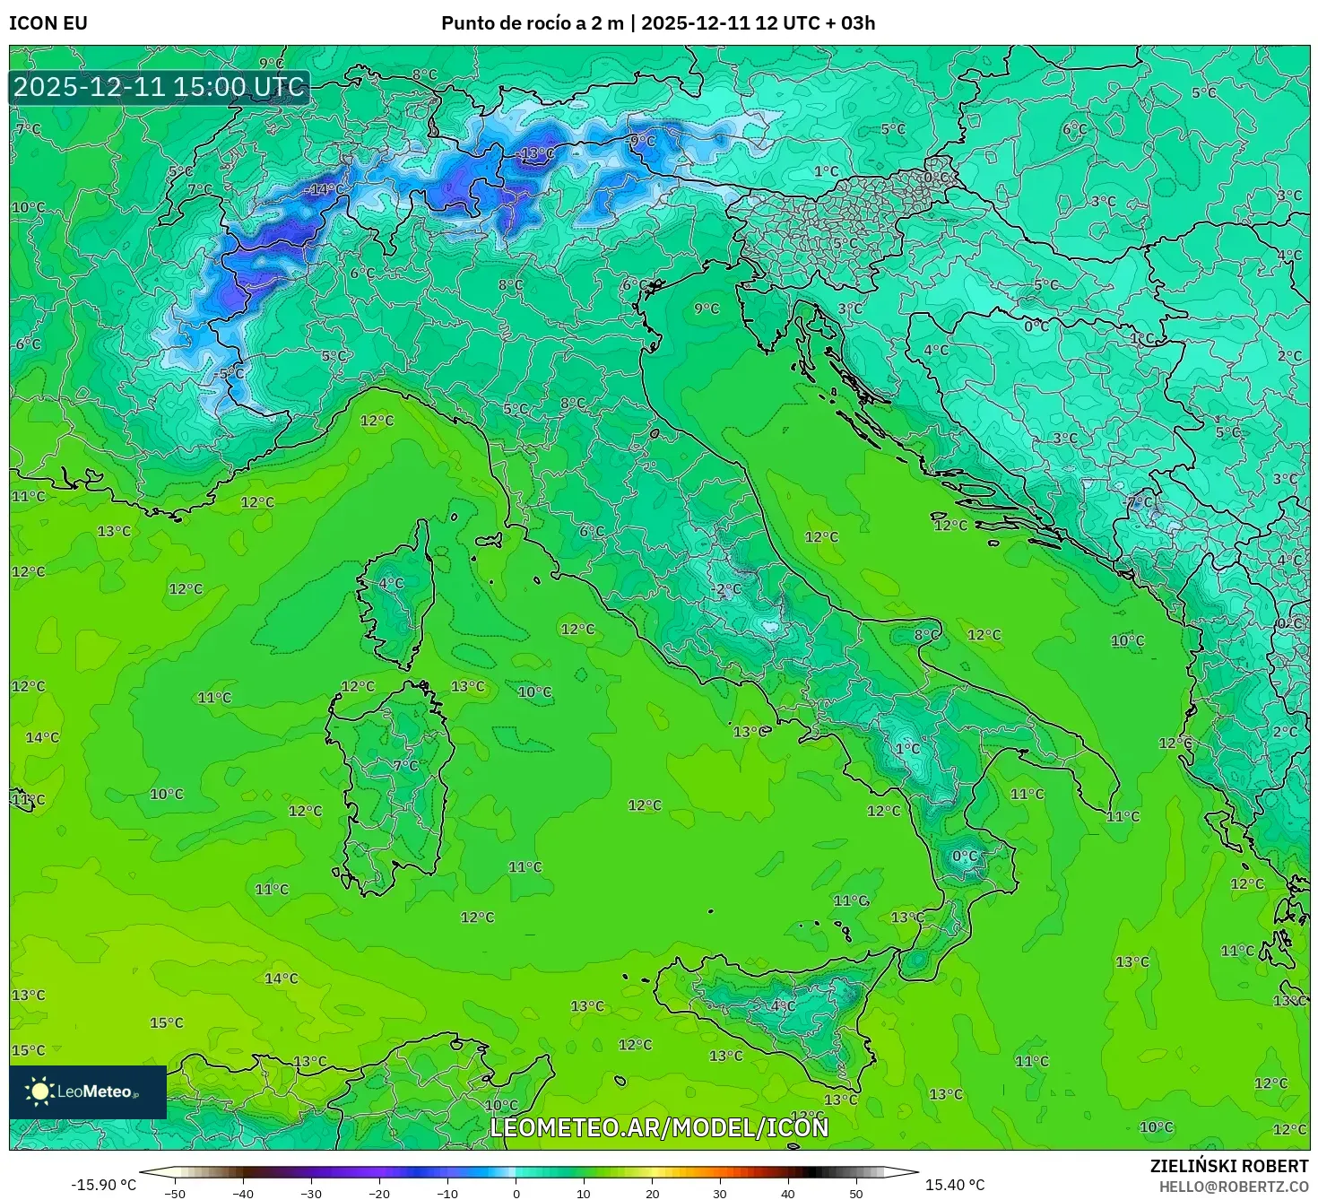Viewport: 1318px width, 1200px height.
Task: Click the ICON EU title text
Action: tap(48, 22)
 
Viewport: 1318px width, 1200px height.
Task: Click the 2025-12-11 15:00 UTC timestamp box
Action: tap(159, 87)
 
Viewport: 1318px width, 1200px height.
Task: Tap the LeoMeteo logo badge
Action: tap(88, 1091)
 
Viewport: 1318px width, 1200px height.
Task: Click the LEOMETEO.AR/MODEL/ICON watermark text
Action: tap(659, 1127)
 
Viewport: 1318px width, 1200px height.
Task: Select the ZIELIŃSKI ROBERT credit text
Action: tap(1229, 1165)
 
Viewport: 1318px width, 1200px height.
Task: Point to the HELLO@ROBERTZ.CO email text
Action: tap(1233, 1186)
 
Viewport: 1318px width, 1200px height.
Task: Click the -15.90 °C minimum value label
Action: tap(104, 1185)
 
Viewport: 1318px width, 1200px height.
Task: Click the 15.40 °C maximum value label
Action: tap(955, 1185)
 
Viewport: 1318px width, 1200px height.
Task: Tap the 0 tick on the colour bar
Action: tap(516, 1193)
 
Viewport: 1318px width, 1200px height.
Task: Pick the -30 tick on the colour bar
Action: tap(310, 1193)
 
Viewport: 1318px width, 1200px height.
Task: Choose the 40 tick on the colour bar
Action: tap(788, 1193)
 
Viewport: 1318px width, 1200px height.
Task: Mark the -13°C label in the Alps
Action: tap(537, 153)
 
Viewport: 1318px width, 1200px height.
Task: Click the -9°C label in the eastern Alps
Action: tap(642, 141)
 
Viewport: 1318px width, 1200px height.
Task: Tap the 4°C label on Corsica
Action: tap(391, 583)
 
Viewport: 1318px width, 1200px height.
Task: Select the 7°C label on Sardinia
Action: tap(405, 765)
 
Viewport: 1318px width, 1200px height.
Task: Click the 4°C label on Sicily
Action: tap(783, 1005)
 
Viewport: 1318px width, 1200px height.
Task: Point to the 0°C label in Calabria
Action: tap(965, 856)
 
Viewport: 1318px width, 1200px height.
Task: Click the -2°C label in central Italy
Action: tap(727, 589)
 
